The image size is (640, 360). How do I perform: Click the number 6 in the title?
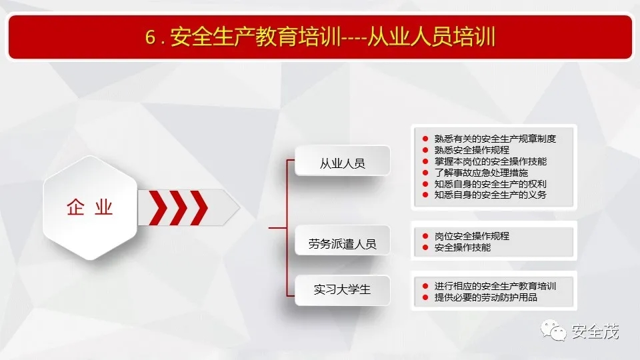[x=151, y=37]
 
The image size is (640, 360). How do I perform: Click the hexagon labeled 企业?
[x=90, y=207]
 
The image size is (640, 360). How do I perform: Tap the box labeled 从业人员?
[x=343, y=161]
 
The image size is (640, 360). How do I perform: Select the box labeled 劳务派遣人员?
[x=343, y=241]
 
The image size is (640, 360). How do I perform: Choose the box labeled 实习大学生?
[x=343, y=290]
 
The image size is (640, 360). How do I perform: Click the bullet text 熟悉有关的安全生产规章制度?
[x=495, y=139]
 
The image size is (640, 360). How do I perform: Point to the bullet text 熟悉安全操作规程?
[x=472, y=150]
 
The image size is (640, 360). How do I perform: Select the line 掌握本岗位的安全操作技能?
[x=491, y=161]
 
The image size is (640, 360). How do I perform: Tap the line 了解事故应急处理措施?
[x=481, y=173]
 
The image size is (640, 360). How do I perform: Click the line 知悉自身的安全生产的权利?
[x=491, y=184]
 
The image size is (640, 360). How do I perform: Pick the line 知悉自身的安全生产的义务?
[x=491, y=195]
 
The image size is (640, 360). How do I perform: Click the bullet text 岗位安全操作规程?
[x=472, y=236]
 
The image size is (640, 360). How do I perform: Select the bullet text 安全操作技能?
[x=463, y=247]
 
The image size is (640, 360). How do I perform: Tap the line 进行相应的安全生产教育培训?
[x=495, y=286]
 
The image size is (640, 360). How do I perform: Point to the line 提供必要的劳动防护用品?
[x=486, y=297]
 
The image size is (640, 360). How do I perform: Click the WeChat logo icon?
[x=553, y=330]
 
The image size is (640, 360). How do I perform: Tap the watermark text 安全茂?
[x=595, y=331]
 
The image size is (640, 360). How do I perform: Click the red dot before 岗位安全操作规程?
[x=425, y=236]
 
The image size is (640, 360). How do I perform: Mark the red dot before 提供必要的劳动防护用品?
[x=425, y=297]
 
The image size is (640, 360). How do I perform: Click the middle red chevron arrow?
[x=179, y=208]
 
